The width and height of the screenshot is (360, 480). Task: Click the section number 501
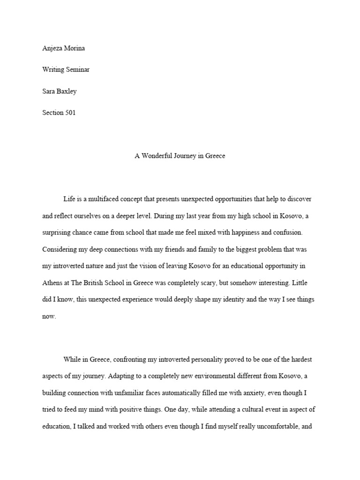click(69, 112)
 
